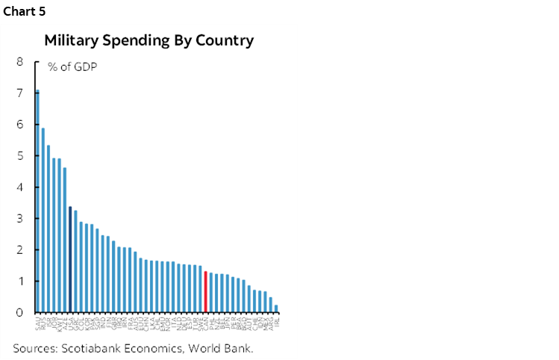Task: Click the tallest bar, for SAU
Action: point(38,201)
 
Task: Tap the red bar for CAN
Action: point(205,291)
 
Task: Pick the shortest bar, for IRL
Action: point(276,308)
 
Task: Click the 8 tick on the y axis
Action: point(19,62)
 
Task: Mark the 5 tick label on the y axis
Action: point(19,156)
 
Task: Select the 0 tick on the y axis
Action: point(19,312)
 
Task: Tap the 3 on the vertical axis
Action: point(19,219)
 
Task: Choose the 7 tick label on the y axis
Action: point(19,93)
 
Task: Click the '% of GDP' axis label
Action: point(72,67)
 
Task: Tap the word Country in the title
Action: point(226,40)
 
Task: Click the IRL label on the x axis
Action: point(277,322)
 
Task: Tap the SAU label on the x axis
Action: point(38,323)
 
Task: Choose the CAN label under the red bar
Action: point(205,323)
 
